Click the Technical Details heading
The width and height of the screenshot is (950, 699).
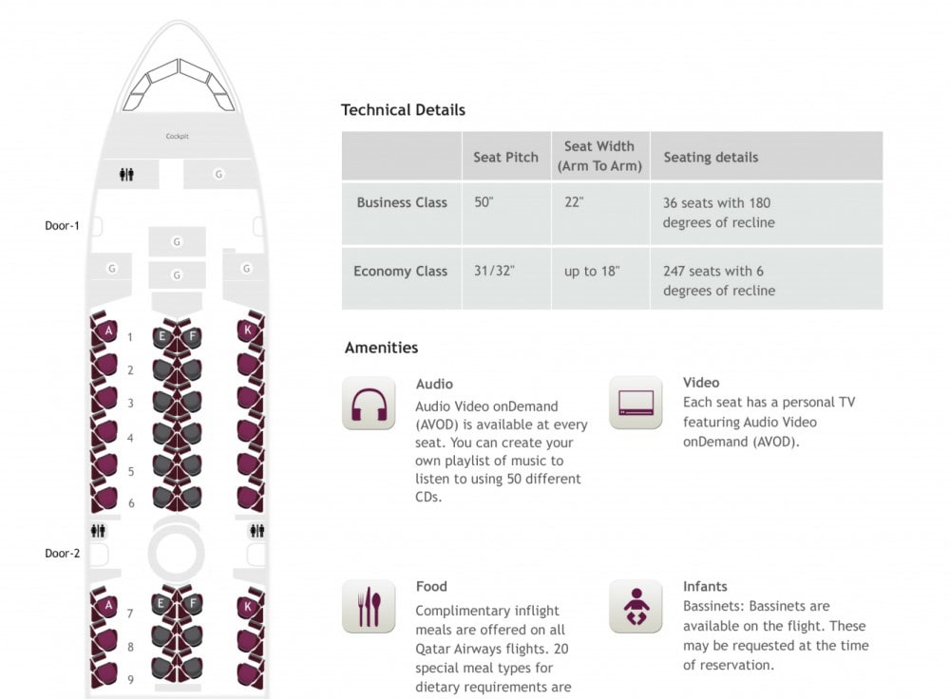click(403, 109)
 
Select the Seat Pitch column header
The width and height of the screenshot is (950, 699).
click(505, 157)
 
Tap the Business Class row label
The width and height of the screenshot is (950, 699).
click(402, 202)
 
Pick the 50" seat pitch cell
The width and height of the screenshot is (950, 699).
click(484, 201)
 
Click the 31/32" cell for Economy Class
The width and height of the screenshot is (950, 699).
click(494, 270)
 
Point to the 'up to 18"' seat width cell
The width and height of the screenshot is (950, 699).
click(592, 271)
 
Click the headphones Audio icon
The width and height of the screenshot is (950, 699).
click(369, 404)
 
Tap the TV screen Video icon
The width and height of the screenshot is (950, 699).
click(636, 402)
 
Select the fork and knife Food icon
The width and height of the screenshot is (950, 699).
click(369, 606)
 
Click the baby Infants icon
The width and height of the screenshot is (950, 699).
click(636, 606)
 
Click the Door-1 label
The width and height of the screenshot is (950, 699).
click(62, 225)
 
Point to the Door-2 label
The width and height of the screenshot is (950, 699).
click(63, 553)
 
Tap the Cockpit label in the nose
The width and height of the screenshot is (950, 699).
click(178, 137)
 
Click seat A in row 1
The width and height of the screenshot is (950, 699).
click(108, 331)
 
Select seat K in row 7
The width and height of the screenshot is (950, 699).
click(247, 606)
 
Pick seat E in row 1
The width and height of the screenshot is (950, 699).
click(161, 336)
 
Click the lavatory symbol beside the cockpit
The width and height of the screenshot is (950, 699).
click(126, 175)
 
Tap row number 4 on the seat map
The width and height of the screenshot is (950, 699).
click(130, 437)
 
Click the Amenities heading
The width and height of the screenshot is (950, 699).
click(381, 347)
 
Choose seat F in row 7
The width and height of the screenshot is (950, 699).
click(193, 603)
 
